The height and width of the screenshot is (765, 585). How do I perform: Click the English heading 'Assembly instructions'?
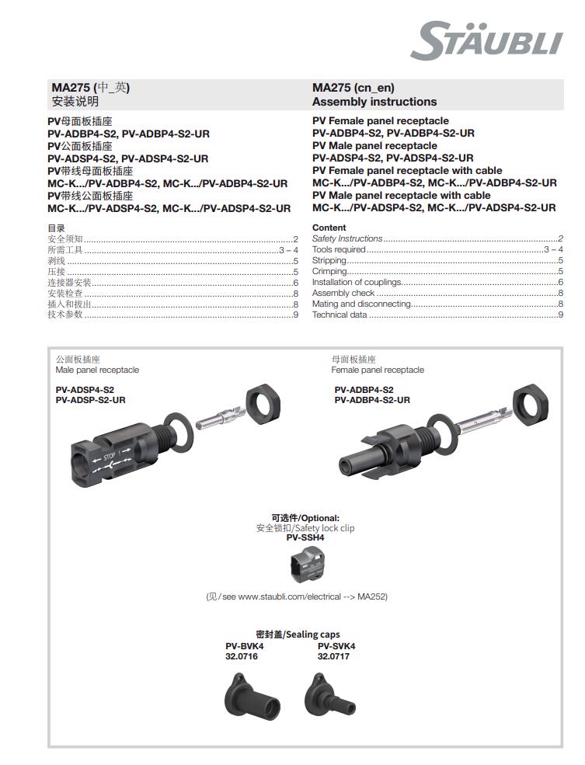pyautogui.click(x=374, y=102)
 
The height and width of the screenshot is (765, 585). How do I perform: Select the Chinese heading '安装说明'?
pyautogui.click(x=75, y=102)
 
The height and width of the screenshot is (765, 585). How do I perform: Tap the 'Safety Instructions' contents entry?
pyautogui.click(x=347, y=238)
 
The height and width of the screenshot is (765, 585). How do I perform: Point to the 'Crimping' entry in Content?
pyautogui.click(x=329, y=272)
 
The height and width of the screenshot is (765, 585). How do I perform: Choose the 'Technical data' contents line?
pyautogui.click(x=340, y=315)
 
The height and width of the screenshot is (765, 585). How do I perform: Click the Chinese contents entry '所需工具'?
pyautogui.click(x=65, y=250)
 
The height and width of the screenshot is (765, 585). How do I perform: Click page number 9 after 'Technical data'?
pyautogui.click(x=560, y=315)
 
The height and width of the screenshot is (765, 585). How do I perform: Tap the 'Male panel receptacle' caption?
pyautogui.click(x=97, y=370)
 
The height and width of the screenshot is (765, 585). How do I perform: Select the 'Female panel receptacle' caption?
pyautogui.click(x=378, y=370)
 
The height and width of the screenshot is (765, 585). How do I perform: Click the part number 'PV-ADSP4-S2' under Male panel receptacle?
pyautogui.click(x=85, y=390)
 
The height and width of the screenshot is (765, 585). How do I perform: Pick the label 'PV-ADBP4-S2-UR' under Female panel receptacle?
pyautogui.click(x=372, y=400)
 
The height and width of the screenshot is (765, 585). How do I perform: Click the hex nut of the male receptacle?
pyautogui.click(x=263, y=405)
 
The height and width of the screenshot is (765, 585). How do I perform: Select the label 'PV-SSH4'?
pyautogui.click(x=305, y=537)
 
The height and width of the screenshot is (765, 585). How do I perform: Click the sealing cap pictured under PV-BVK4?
pyautogui.click(x=251, y=694)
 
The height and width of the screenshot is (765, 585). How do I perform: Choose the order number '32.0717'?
pyautogui.click(x=333, y=656)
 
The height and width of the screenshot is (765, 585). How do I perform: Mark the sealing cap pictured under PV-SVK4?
pyautogui.click(x=326, y=692)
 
